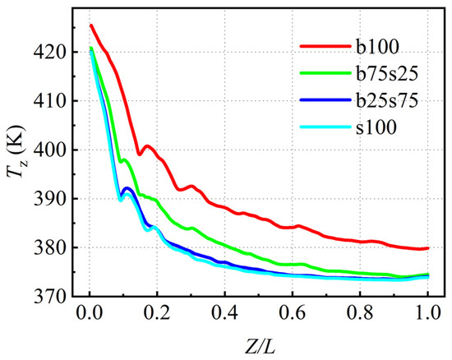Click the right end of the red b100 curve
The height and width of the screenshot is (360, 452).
click(x=428, y=247)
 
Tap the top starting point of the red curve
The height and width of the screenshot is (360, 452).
click(x=90, y=25)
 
